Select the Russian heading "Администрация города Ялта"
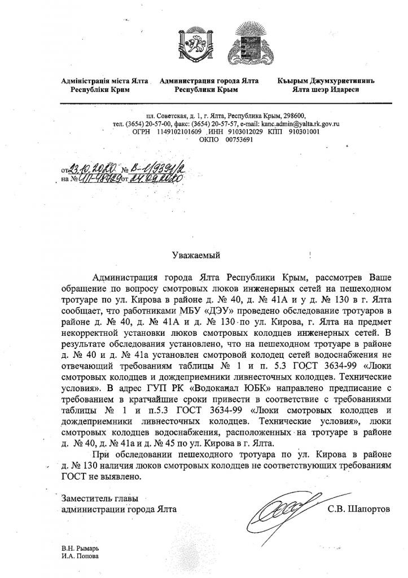(x=209, y=81)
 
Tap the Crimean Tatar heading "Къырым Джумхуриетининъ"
(x=326, y=81)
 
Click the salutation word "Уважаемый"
(x=195, y=255)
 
